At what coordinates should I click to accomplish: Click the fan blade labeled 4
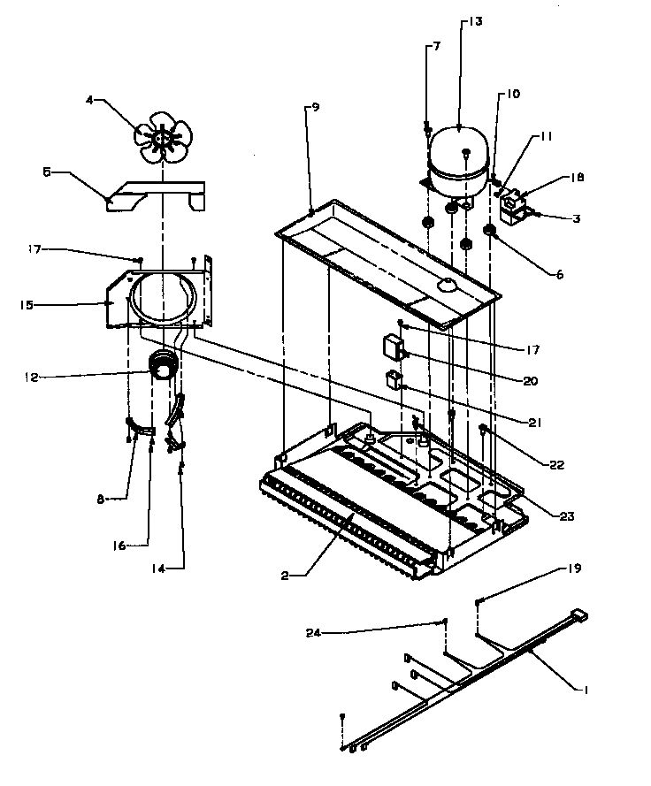[x=162, y=136]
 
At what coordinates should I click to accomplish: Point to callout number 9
[x=315, y=108]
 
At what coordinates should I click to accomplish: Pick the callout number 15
[x=27, y=305]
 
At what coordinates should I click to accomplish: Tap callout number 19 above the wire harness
[x=575, y=569]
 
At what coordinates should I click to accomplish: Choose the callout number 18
[x=577, y=178]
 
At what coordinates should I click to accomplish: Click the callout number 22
[x=555, y=464]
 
